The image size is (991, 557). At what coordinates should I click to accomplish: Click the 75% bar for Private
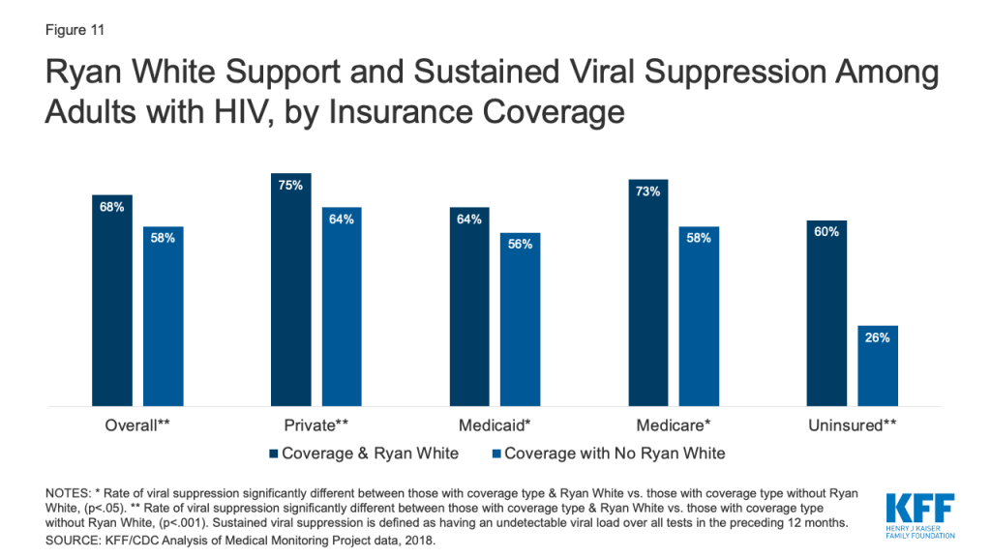pyautogui.click(x=290, y=289)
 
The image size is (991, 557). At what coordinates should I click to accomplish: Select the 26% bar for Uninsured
pyautogui.click(x=877, y=366)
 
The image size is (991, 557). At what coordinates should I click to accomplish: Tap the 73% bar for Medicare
pyautogui.click(x=647, y=292)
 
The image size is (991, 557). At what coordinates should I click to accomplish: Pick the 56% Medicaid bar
pyautogui.click(x=520, y=319)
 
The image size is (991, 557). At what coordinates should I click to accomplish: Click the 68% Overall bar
pyautogui.click(x=112, y=301)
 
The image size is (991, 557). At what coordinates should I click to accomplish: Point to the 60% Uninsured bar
pyautogui.click(x=826, y=313)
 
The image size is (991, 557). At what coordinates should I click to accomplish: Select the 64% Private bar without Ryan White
pyautogui.click(x=342, y=307)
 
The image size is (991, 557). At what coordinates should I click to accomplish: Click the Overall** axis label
pyautogui.click(x=137, y=425)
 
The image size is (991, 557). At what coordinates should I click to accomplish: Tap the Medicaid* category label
pyautogui.click(x=495, y=425)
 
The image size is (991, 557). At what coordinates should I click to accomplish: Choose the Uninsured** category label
pyautogui.click(x=852, y=425)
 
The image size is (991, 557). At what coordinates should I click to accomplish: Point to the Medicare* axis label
pyautogui.click(x=674, y=425)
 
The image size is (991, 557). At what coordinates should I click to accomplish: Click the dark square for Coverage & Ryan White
pyautogui.click(x=274, y=454)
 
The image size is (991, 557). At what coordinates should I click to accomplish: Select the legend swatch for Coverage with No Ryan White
pyautogui.click(x=496, y=454)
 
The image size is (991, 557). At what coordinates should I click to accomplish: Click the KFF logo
pyautogui.click(x=920, y=516)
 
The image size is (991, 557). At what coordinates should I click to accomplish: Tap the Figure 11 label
pyautogui.click(x=75, y=30)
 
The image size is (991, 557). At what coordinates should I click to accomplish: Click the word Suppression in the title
pyautogui.click(x=736, y=72)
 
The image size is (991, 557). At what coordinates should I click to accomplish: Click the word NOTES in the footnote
pyautogui.click(x=69, y=493)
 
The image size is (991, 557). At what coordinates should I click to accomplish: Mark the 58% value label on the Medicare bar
pyautogui.click(x=699, y=238)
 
